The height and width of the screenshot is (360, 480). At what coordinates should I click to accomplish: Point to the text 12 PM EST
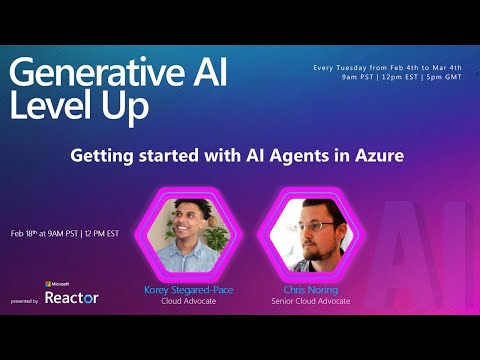point(103,234)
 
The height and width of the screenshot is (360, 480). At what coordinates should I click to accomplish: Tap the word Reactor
point(72,298)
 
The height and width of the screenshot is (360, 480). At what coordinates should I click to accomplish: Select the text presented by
point(25,300)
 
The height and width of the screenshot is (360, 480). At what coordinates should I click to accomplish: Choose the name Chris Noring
point(300,290)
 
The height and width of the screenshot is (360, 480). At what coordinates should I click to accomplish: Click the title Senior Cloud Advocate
point(300,300)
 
